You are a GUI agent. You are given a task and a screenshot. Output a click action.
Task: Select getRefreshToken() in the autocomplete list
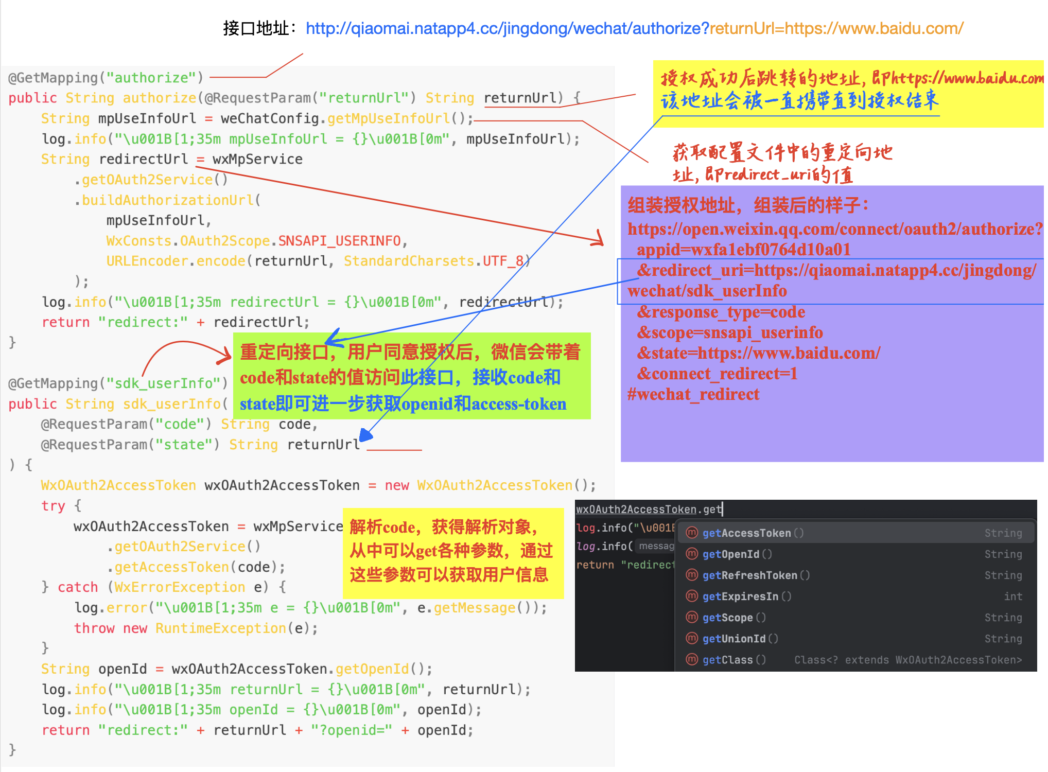756,575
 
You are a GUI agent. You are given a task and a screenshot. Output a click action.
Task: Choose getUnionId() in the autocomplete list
740,639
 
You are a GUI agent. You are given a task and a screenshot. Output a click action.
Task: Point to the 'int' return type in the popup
1012,596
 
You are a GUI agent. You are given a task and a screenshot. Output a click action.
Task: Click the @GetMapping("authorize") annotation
106,78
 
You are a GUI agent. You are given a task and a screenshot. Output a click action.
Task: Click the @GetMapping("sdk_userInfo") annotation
118,383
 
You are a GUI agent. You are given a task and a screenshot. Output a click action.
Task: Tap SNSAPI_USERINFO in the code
339,241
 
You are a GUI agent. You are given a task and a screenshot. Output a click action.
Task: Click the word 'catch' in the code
78,587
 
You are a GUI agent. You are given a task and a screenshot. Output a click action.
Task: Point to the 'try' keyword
53,506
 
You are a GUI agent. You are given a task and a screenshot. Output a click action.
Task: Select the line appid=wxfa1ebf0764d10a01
743,250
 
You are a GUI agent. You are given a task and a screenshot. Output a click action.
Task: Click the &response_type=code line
721,312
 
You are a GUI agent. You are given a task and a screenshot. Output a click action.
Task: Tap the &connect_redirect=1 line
717,374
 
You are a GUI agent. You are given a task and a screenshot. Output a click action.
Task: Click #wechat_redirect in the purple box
693,394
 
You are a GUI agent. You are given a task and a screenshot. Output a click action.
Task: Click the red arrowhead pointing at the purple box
599,239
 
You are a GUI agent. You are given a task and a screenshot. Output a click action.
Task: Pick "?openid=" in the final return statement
352,730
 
